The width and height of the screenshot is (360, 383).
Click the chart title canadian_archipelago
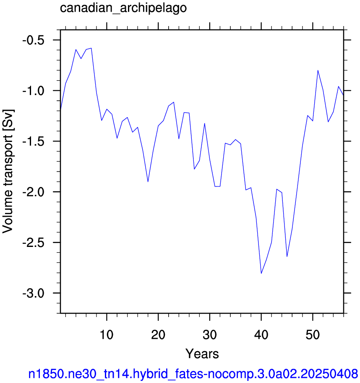123,8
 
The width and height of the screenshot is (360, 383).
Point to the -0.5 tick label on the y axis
34,40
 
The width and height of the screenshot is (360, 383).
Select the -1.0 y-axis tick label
34,91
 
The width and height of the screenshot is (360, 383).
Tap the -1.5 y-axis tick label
34,142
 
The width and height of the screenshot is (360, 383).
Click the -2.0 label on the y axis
34,192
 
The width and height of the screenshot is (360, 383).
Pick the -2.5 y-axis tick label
34,243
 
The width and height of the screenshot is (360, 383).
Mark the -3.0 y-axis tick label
34,294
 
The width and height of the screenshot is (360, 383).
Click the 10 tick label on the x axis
107,335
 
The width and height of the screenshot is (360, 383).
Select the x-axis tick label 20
158,335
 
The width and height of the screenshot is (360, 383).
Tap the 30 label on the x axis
210,335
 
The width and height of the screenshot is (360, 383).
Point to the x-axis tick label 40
261,335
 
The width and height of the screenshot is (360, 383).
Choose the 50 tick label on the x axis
313,335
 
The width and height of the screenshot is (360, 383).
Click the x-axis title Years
202,354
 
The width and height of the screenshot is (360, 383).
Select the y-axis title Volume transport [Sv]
8,171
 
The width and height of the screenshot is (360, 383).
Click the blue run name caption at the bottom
193,374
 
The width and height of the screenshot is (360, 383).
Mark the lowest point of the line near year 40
261,273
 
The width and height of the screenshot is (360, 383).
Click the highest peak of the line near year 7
91,48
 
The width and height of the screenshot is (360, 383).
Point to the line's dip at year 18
148,182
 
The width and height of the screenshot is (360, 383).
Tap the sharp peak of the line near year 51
318,71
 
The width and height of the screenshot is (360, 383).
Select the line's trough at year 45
287,257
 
